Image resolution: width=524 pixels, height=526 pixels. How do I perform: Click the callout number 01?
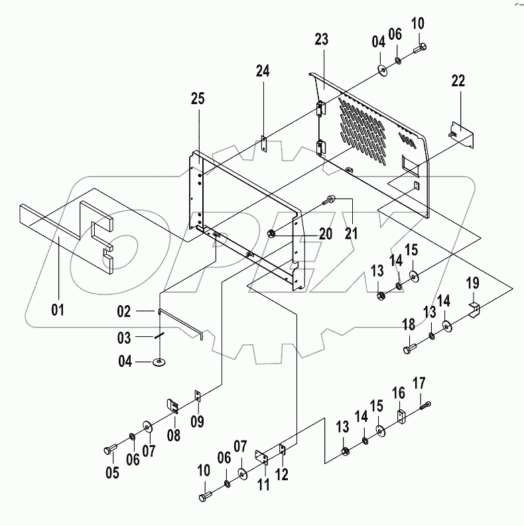[58, 309]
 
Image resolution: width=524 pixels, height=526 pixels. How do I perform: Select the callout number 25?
[198, 99]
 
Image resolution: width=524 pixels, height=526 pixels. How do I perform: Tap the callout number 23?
[322, 40]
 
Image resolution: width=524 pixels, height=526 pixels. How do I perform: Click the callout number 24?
[263, 72]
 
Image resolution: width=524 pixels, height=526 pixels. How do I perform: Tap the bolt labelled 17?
[425, 405]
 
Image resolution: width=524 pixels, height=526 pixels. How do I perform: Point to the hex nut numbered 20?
[272, 233]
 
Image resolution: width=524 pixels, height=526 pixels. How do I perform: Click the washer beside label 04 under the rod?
[160, 362]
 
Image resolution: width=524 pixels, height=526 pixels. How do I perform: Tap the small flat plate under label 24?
[263, 145]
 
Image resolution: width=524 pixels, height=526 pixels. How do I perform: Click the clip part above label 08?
[172, 405]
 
